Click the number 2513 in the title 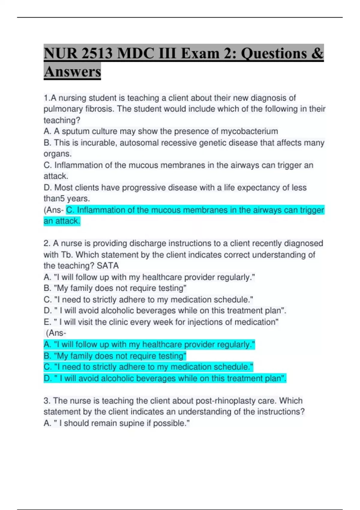(x=97, y=54)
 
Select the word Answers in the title (x=72, y=72)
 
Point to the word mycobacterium (x=249, y=131)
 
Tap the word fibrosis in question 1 (x=100, y=109)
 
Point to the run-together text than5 (x=54, y=199)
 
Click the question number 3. (x=46, y=401)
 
